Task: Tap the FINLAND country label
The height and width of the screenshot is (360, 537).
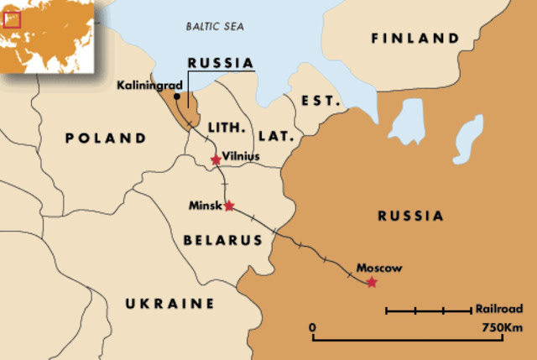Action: tap(415, 39)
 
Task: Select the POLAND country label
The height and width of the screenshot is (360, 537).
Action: tap(107, 138)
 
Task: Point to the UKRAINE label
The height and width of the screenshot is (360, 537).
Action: tap(170, 303)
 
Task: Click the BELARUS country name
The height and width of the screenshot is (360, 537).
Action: tap(222, 240)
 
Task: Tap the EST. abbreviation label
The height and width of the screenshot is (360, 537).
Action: tap(323, 101)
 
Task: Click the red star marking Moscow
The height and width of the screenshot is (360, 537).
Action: tap(372, 283)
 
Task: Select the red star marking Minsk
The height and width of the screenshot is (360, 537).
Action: tap(229, 206)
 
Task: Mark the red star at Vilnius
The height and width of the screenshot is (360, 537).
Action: tap(216, 159)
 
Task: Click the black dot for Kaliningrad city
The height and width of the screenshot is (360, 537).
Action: tap(176, 97)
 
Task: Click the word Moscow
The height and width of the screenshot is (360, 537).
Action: tap(379, 269)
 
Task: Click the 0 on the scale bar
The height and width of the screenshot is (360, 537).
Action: tap(312, 326)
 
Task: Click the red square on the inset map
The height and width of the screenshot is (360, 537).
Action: tap(12, 18)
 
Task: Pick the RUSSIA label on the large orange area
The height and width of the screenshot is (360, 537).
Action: tap(410, 216)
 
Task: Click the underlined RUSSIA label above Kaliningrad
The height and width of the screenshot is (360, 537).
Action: tap(220, 62)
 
